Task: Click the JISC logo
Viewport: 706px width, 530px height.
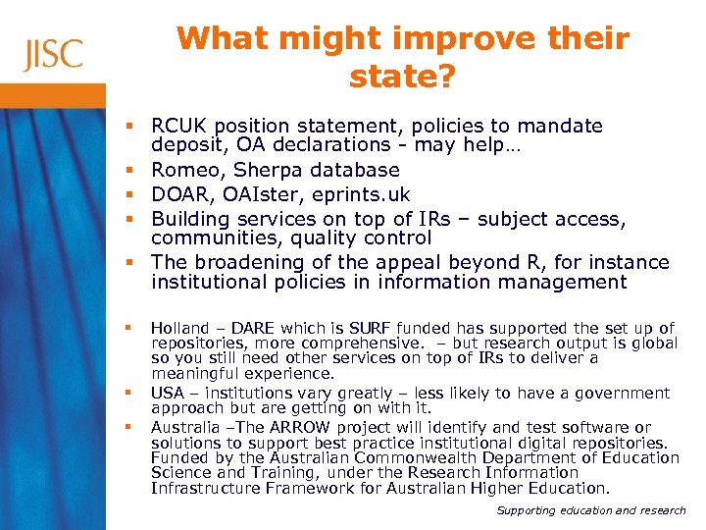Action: pos(54,53)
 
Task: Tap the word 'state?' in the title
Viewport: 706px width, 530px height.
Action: pos(402,77)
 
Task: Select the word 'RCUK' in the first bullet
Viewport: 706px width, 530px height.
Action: pos(179,127)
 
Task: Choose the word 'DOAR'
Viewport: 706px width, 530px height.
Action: pos(178,193)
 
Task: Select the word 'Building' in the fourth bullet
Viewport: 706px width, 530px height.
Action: pos(190,217)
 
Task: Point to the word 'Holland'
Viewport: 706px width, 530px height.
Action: pos(179,328)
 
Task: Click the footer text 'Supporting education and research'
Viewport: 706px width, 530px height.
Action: pos(591,510)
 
